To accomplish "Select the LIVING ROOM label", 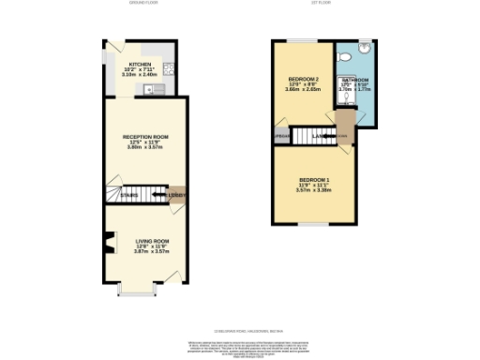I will coord(144,241).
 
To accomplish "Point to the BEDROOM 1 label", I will coord(314,179).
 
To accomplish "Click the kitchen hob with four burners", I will coord(167,67).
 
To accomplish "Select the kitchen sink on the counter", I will coord(151,89).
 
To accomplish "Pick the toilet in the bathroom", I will coord(348,58).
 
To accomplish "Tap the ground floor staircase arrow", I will coord(134,195).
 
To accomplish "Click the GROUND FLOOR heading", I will coord(143,4).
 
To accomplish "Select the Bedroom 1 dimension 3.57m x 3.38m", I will coord(314,189).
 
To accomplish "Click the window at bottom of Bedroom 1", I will coord(315,225).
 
